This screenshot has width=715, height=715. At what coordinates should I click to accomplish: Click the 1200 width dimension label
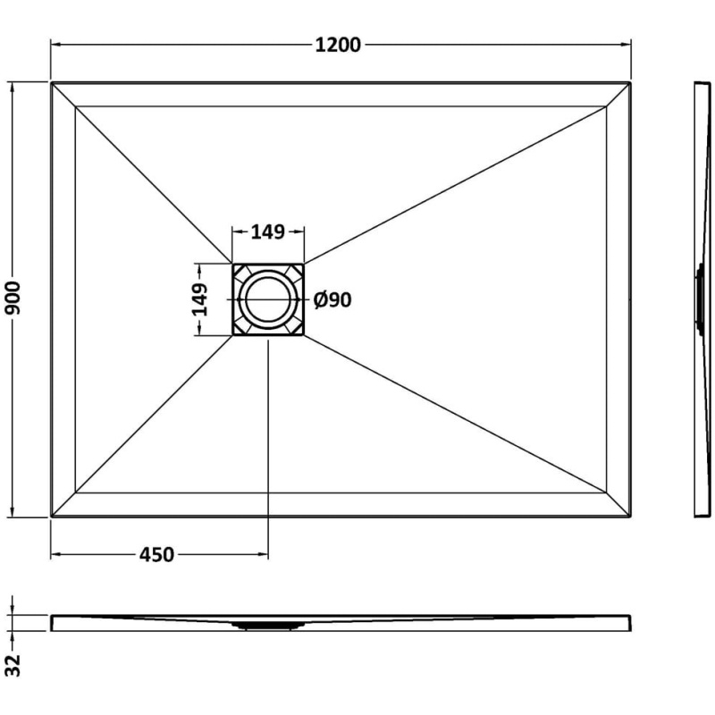pyautogui.click(x=338, y=45)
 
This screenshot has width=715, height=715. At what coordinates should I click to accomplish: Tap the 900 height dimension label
pyautogui.click(x=13, y=298)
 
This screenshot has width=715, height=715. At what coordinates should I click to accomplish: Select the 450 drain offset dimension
pyautogui.click(x=156, y=554)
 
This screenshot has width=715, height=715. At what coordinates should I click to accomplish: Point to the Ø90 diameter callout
pyautogui.click(x=332, y=299)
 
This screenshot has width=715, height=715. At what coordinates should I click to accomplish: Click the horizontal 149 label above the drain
pyautogui.click(x=268, y=231)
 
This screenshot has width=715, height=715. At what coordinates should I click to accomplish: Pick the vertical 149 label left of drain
pyautogui.click(x=199, y=299)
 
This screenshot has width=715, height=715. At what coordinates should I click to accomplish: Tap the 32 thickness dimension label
pyautogui.click(x=13, y=665)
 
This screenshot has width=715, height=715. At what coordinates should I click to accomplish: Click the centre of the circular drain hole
pyautogui.click(x=268, y=299)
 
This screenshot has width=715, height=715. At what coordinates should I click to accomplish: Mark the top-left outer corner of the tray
pyautogui.click(x=51, y=82)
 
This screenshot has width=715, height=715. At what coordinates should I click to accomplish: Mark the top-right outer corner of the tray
pyautogui.click(x=631, y=82)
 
